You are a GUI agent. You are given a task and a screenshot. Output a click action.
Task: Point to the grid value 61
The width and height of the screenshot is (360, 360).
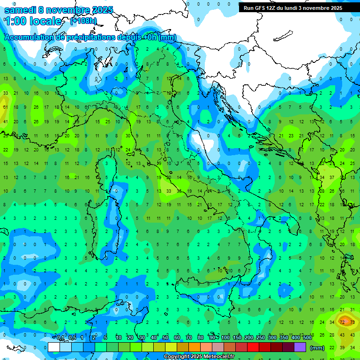[6, 107]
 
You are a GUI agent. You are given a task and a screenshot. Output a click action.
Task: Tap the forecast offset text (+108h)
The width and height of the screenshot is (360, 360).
[83, 21]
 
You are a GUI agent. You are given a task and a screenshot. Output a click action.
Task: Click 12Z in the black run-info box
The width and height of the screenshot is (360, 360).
[271, 8]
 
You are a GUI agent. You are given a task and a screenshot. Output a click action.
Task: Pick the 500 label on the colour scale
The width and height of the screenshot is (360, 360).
[307, 337]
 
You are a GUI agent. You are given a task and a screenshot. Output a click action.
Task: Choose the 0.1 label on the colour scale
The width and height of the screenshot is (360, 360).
[60, 337]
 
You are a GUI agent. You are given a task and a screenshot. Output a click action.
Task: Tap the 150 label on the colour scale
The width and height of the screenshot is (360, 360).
[237, 337]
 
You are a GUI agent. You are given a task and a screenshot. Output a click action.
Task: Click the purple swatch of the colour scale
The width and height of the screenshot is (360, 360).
[300, 347]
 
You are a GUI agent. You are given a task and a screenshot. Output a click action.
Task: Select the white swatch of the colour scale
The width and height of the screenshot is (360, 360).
[54, 347]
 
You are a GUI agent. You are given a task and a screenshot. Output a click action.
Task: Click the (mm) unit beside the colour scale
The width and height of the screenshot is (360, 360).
[317, 348]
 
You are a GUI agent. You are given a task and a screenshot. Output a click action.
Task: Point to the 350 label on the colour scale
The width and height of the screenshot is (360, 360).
[284, 337]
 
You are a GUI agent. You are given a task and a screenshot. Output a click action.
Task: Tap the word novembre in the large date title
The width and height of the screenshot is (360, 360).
[67, 10]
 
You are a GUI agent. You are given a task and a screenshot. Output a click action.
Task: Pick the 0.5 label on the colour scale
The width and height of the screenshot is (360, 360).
[72, 337]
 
